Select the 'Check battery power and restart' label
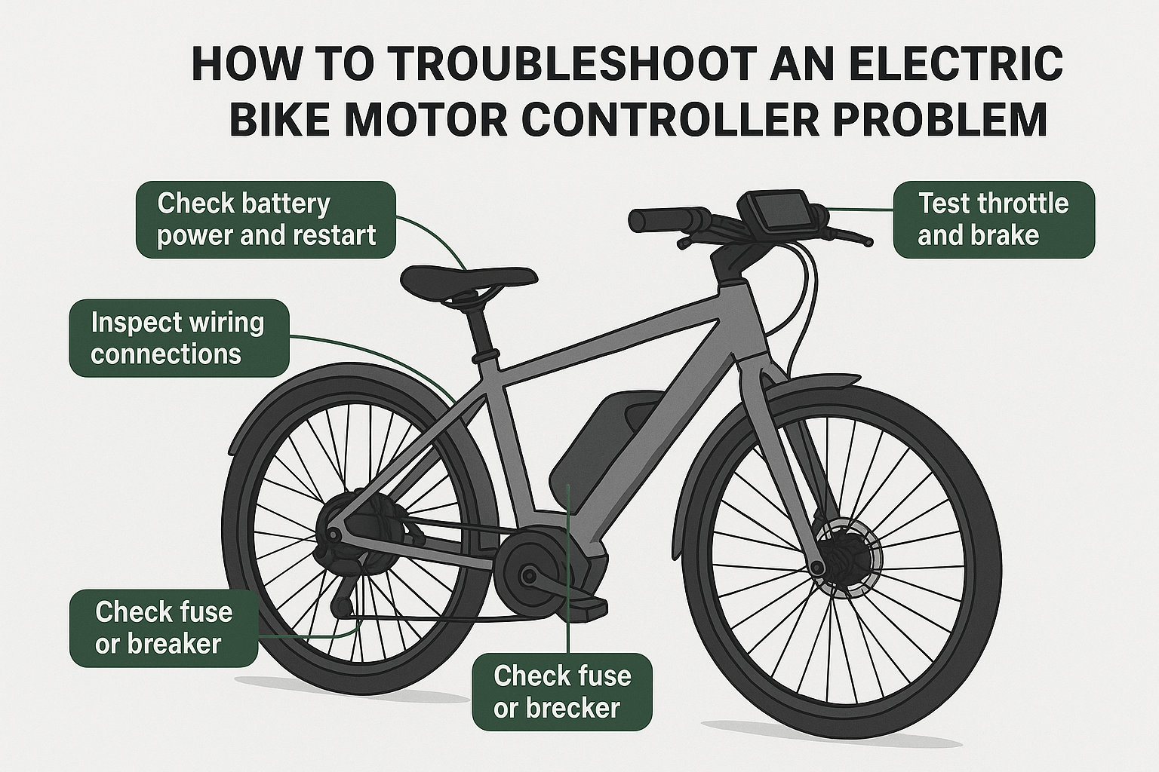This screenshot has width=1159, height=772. tap(266, 219)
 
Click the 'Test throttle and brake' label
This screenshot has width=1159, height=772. tap(993, 219)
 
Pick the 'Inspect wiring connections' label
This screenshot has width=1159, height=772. tap(178, 338)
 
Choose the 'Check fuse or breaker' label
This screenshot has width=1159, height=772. tap(163, 627)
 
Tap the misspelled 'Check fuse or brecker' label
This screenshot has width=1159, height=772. tap(561, 691)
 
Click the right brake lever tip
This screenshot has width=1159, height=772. tap(868, 242)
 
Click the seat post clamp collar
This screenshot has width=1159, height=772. tap(485, 354)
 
